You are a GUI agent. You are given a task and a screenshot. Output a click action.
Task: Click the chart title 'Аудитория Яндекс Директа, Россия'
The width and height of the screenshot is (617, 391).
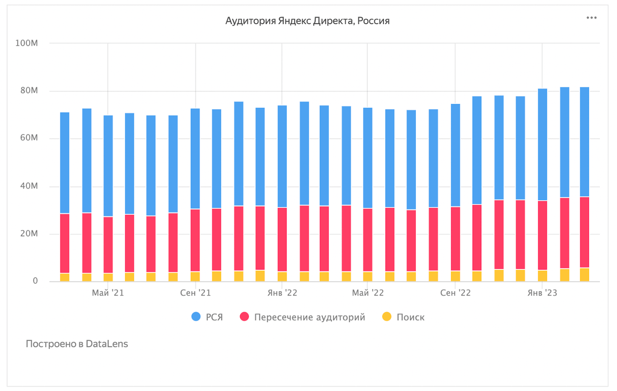[307, 21]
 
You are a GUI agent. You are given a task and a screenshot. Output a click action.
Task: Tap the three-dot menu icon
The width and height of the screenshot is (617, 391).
[591, 18]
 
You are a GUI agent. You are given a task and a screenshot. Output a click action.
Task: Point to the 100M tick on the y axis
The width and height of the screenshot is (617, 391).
[27, 43]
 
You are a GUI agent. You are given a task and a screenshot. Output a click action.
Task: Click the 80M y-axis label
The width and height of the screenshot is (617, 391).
[29, 90]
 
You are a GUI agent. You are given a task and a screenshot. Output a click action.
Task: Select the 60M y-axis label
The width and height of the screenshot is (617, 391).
[29, 138]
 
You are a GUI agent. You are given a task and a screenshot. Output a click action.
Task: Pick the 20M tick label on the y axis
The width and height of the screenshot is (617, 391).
[29, 234]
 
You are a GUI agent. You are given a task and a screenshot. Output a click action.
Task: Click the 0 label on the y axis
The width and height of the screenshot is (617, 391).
[35, 281]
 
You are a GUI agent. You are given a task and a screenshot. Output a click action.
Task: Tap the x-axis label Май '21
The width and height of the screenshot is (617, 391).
[108, 293]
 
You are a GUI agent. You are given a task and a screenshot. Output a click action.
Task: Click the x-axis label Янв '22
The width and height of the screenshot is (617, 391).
[282, 293]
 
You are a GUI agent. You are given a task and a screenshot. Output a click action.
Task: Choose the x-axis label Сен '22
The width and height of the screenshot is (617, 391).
[455, 293]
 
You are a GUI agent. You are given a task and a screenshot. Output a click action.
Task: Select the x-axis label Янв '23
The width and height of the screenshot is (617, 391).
[542, 293]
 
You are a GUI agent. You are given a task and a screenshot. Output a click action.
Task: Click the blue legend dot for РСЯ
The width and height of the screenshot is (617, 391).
[196, 317]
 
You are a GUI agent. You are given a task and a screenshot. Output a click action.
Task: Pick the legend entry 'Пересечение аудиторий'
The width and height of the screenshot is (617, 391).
[309, 317]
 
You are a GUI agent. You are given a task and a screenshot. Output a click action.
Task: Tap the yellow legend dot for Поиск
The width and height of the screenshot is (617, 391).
[387, 317]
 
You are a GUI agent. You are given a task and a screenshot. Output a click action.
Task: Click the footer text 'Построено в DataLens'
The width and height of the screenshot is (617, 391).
[77, 344]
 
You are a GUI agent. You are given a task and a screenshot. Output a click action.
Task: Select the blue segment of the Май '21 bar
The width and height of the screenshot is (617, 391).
[108, 166]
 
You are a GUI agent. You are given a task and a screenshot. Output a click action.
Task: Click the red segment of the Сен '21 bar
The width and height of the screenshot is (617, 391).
[195, 240]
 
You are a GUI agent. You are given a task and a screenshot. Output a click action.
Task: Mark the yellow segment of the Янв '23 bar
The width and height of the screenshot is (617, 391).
[542, 275]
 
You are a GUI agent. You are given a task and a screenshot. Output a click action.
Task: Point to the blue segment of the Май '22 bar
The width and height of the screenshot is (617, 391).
[368, 158]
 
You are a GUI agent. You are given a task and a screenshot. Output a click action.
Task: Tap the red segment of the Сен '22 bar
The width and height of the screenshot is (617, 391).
[455, 238]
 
